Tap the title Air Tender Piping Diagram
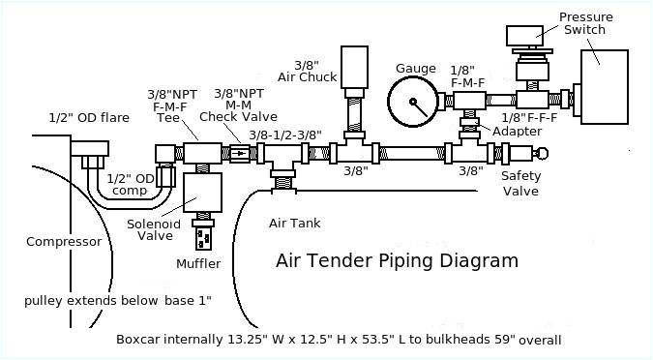(397, 260)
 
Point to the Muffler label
(198, 263)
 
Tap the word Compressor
(64, 242)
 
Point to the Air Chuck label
(299, 48)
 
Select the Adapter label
(510, 131)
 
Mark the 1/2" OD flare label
(88, 118)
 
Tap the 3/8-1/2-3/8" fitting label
(285, 135)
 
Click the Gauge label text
(416, 68)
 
